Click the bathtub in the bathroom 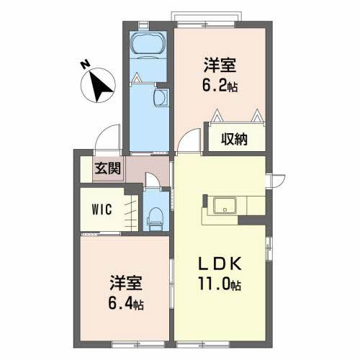pyautogui.click(x=149, y=44)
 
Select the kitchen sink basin pyautogui.click(x=225, y=206)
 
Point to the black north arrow pyautogui.click(x=100, y=86)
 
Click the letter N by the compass pyautogui.click(x=85, y=64)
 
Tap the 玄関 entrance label pyautogui.click(x=107, y=168)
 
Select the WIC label pyautogui.click(x=102, y=210)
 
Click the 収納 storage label pyautogui.click(x=234, y=139)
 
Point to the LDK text pyautogui.click(x=220, y=264)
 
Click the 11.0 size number pyautogui.click(x=214, y=284)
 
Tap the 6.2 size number pyautogui.click(x=215, y=85)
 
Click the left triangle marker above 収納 pyautogui.click(x=217, y=115)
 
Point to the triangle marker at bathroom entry pyautogui.click(x=137, y=78)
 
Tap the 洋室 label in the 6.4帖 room pyautogui.click(x=126, y=283)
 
